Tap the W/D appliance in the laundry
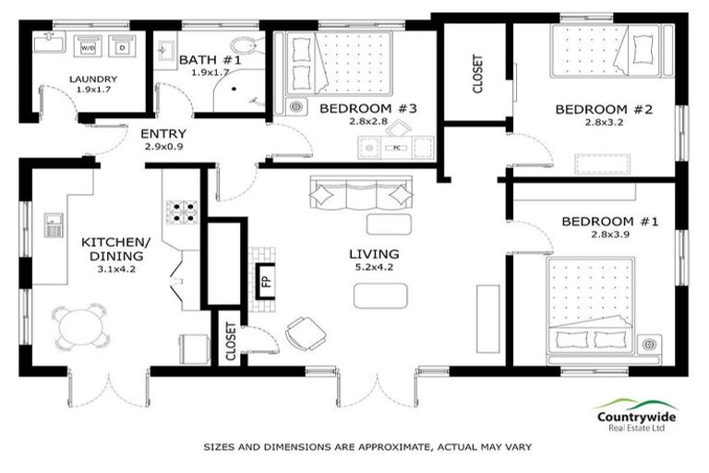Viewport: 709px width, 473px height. [89, 46]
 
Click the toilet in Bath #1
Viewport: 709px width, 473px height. [244, 48]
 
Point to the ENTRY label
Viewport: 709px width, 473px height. [162, 134]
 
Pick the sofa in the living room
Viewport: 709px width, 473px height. [359, 193]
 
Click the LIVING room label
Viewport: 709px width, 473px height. [373, 254]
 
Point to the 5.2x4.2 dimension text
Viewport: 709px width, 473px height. [373, 269]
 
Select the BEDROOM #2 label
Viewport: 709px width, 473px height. [603, 110]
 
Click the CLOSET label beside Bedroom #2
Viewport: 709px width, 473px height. [477, 74]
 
